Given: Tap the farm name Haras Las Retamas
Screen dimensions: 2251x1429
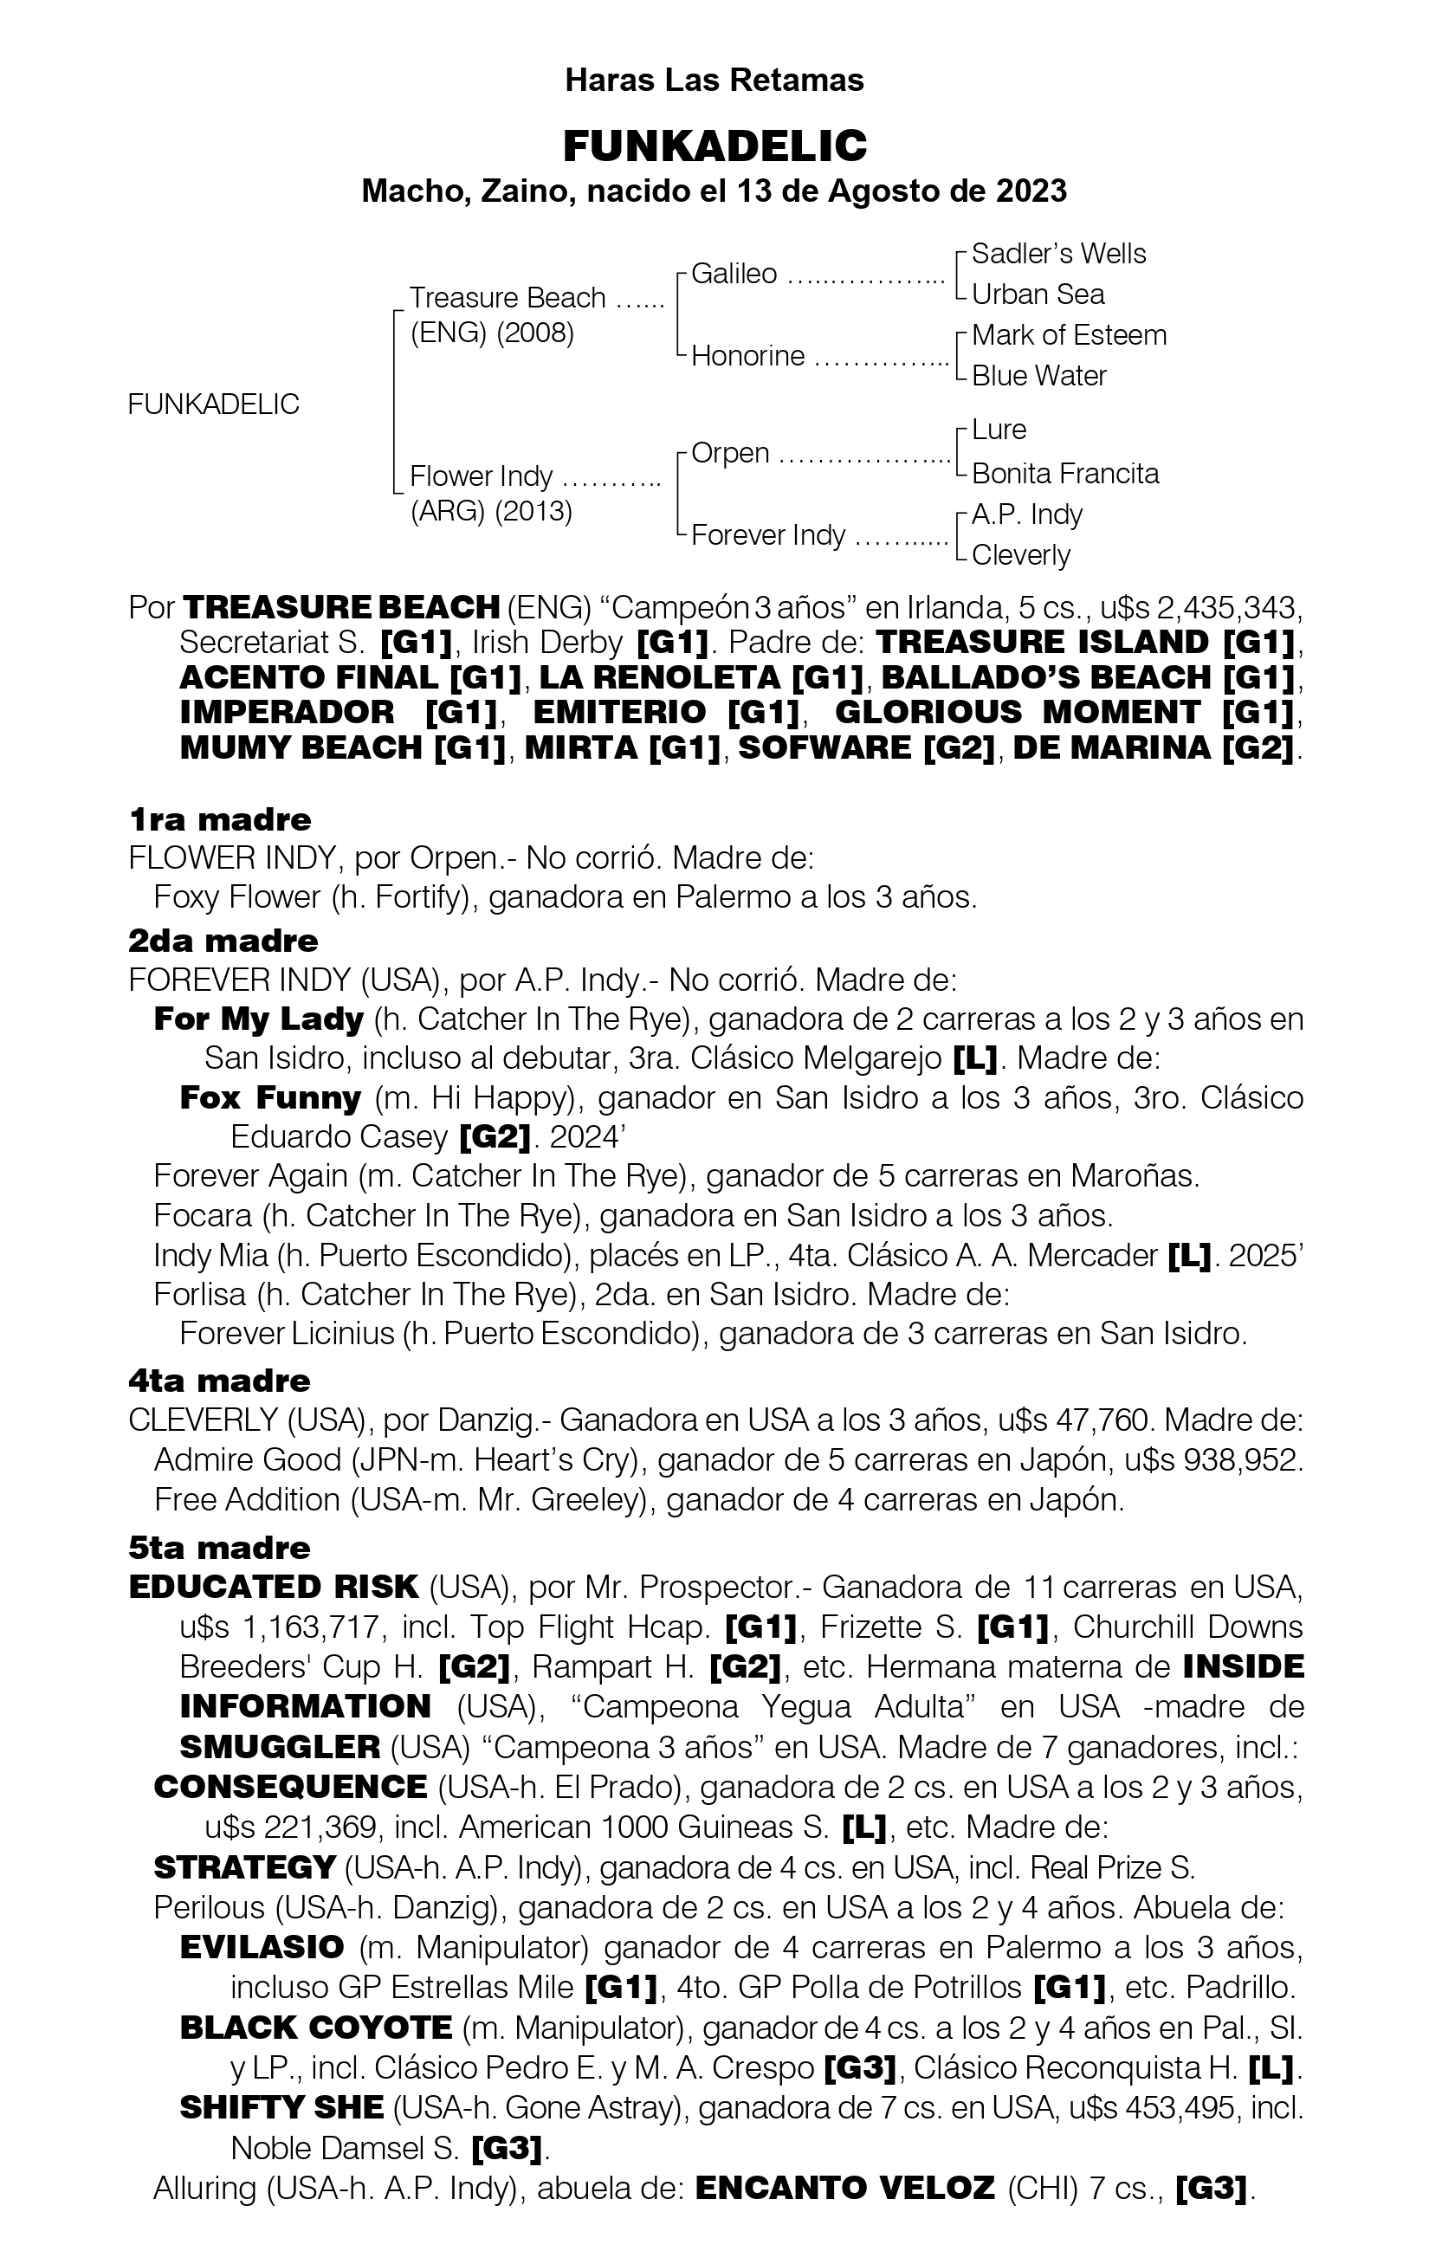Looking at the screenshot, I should point(714,81).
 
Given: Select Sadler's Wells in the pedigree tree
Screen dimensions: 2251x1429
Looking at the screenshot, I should point(1058,255).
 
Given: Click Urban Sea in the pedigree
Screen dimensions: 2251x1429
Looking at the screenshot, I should point(1038,294).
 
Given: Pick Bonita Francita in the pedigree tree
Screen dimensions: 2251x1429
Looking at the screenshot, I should point(1064,473).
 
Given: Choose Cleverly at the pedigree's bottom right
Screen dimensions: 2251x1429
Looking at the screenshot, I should point(1020,555).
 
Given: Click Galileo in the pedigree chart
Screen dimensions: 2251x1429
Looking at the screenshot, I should point(734,274).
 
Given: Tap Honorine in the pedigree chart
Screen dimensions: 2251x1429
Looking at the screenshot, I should point(747,355).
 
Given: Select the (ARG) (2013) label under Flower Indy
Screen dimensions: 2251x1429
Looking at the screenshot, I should point(491,511).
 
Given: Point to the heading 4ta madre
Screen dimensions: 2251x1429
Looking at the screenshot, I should point(220,1381).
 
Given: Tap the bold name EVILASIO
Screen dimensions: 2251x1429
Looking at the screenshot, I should point(262,1947).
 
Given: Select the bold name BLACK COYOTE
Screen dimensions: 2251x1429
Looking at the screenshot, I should point(316,2028).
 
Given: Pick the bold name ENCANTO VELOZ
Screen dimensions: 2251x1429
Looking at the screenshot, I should point(845,2189).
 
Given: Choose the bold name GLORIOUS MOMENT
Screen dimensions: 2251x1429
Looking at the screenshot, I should point(1016,712).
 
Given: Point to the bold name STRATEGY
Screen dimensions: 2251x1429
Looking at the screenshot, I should point(244,1866).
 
